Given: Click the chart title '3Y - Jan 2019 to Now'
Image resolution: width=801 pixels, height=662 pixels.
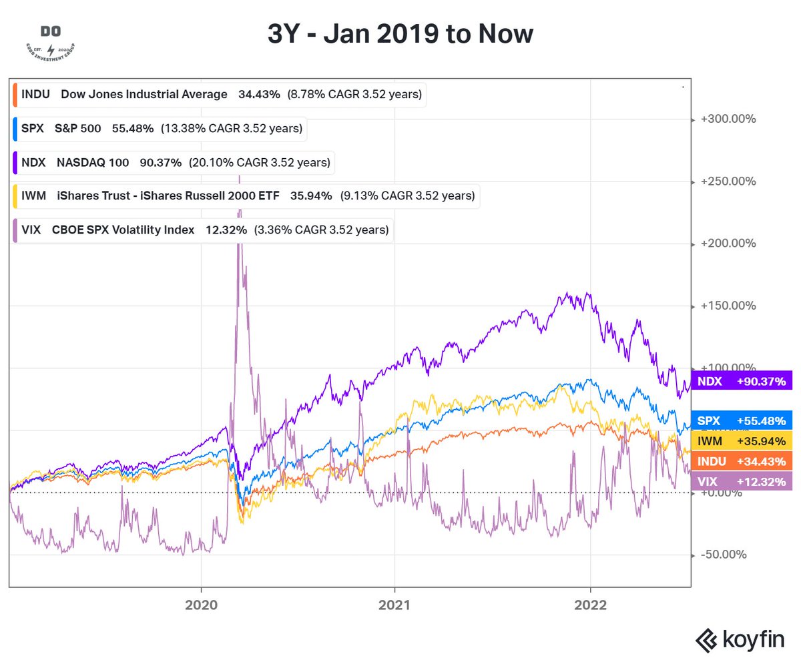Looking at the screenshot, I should pyautogui.click(x=400, y=33).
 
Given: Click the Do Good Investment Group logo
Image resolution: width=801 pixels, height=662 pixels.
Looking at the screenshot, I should pyautogui.click(x=49, y=42).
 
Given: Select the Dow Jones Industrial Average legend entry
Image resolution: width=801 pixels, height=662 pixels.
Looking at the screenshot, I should pyautogui.click(x=219, y=95).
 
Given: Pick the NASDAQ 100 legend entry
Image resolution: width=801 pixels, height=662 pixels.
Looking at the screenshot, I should pyautogui.click(x=173, y=162).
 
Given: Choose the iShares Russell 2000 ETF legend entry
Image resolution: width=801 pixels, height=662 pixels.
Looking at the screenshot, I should pyautogui.click(x=246, y=196).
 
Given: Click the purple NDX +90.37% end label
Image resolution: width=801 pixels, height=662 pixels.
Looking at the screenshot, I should pyautogui.click(x=742, y=381).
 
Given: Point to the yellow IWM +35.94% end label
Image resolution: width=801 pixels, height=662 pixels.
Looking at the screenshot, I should pyautogui.click(x=742, y=441).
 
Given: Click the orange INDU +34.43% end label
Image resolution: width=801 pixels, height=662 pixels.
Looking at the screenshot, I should pyautogui.click(x=742, y=461).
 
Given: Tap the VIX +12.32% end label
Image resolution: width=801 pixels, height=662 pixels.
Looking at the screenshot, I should pyautogui.click(x=742, y=481).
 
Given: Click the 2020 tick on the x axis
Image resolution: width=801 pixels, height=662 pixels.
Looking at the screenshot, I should pyautogui.click(x=201, y=605).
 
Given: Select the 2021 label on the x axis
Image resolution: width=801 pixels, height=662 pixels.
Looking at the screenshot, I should pyautogui.click(x=394, y=605).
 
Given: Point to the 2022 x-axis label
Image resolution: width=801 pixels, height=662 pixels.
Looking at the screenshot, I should pyautogui.click(x=591, y=605).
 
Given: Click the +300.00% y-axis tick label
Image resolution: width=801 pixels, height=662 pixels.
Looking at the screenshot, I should pyautogui.click(x=728, y=119).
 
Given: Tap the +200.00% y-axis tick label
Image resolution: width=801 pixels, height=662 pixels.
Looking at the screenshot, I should pyautogui.click(x=728, y=244).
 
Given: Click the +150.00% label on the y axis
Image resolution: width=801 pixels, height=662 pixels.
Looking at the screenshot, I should pyautogui.click(x=728, y=306).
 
